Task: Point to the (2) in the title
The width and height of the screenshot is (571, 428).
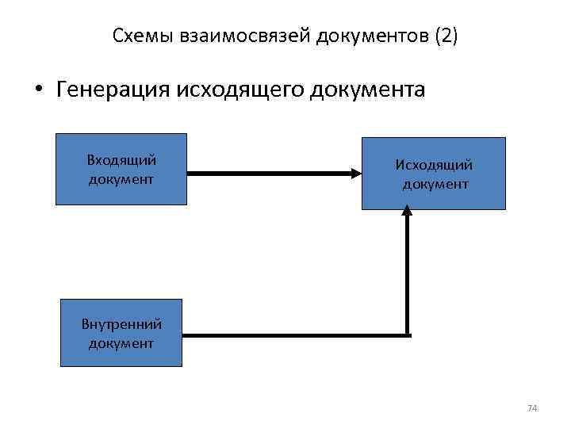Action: [443, 36]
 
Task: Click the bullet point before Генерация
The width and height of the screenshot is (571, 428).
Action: [37, 90]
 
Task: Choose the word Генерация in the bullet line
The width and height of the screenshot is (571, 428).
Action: [107, 89]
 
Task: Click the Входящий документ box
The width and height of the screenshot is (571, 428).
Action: [121, 169]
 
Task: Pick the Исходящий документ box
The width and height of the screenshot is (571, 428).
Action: [434, 174]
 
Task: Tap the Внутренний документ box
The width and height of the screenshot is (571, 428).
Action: [121, 333]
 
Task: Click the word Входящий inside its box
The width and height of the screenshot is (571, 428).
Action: [121, 161]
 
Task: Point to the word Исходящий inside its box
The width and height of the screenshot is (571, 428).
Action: [435, 165]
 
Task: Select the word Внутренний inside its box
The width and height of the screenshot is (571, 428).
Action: [121, 324]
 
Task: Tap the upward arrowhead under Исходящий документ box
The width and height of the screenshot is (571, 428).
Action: [407, 212]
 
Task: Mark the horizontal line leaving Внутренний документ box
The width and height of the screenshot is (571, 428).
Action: [293, 335]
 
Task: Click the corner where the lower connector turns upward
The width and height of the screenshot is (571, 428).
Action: [407, 335]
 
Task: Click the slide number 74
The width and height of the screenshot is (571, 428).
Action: [532, 407]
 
